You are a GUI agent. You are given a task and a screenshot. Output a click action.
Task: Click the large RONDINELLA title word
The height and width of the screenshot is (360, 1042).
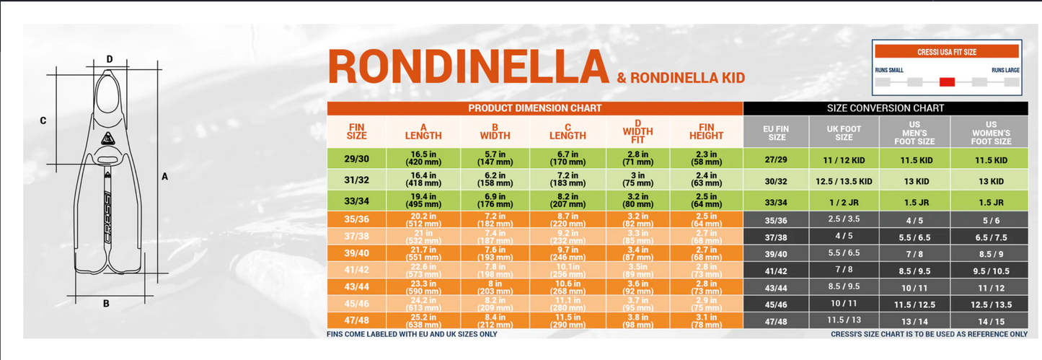[469, 67]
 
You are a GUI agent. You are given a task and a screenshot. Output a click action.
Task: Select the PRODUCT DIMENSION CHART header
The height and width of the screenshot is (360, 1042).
[534, 108]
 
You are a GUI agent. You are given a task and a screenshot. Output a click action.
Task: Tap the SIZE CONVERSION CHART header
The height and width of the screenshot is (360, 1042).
[885, 108]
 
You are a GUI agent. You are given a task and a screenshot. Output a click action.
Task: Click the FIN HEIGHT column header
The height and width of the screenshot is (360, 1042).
[706, 131]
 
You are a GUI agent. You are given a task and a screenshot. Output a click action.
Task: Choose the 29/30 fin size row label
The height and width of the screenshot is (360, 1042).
[356, 159]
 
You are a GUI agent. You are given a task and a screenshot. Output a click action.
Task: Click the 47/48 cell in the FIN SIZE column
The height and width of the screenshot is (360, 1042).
[356, 321]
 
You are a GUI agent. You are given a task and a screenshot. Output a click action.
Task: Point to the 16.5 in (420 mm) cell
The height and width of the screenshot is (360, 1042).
[423, 159]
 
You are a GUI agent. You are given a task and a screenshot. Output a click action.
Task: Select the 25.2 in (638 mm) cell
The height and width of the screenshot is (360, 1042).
[423, 321]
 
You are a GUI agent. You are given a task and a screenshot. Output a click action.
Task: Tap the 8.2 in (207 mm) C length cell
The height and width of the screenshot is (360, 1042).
[568, 200]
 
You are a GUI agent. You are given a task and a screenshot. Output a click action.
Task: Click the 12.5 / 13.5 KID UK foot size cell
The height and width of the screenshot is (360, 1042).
[844, 181]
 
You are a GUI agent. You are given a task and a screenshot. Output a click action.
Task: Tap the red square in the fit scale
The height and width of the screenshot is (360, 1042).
[947, 82]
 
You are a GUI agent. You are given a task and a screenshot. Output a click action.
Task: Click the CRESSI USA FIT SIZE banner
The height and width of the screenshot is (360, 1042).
[947, 52]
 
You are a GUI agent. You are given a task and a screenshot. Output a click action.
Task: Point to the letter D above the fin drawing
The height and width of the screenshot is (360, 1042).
[110, 59]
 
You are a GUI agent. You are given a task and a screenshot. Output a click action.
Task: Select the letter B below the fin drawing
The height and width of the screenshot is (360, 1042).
[106, 304]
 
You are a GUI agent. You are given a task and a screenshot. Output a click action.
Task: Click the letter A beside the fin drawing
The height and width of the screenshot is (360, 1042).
[164, 176]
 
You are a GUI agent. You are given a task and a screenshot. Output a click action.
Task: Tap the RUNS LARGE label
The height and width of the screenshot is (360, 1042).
[1005, 70]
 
